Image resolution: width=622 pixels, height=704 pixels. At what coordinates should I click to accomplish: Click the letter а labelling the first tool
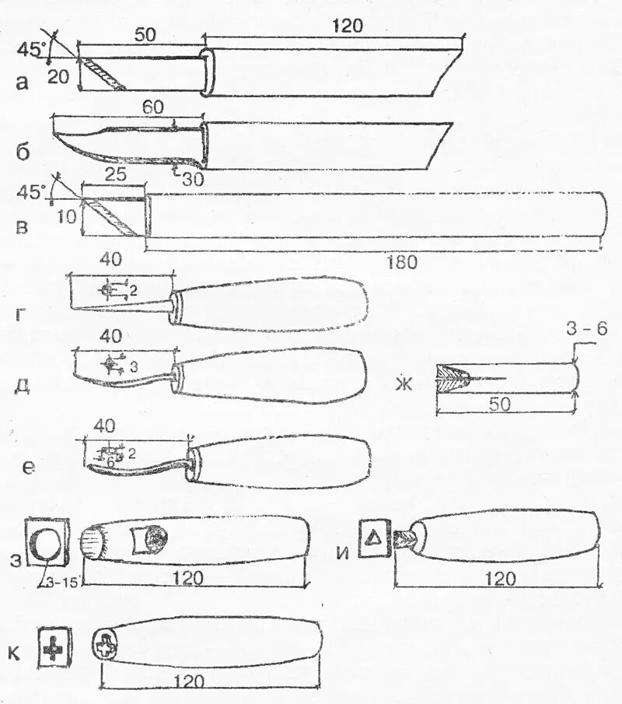[x=23, y=81]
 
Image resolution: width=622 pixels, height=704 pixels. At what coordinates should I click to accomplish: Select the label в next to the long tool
[x=23, y=226]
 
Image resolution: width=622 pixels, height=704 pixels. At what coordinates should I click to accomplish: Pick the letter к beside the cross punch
[x=14, y=652]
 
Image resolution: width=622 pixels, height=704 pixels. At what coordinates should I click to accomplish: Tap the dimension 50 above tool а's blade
[x=143, y=35]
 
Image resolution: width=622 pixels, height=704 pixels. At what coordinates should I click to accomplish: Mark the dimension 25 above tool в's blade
[x=115, y=176]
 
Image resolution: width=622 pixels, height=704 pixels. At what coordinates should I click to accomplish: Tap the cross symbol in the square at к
[x=54, y=646]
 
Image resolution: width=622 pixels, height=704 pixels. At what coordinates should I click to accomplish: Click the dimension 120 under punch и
[x=500, y=578]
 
